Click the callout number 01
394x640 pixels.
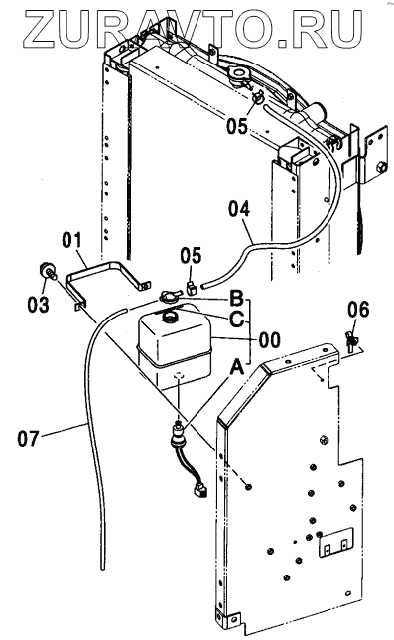(71, 241)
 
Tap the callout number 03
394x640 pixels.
(39, 305)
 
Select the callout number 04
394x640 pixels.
(239, 209)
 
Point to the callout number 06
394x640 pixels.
(358, 310)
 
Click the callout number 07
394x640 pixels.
(28, 439)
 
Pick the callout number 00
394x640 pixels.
(270, 339)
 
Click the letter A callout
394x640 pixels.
(237, 368)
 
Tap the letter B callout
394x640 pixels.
(236, 299)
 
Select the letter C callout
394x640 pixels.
(236, 319)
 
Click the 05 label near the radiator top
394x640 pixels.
(237, 126)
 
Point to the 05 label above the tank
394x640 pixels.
(192, 256)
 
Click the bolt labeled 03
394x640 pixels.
(47, 272)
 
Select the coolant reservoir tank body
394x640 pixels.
(175, 347)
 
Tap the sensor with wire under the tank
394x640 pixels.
(180, 436)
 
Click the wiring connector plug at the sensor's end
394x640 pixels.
(200, 491)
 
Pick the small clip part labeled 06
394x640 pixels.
(350, 340)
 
